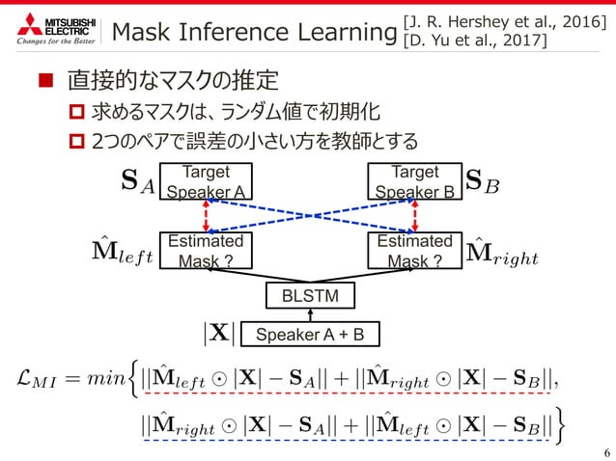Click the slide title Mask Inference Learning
coord(254,33)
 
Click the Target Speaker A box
coord(206,180)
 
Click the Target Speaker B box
coord(414,180)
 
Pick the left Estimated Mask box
coord(206,251)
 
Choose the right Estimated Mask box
coord(414,251)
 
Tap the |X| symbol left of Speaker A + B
coord(216,335)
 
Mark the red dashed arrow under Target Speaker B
coord(443,216)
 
